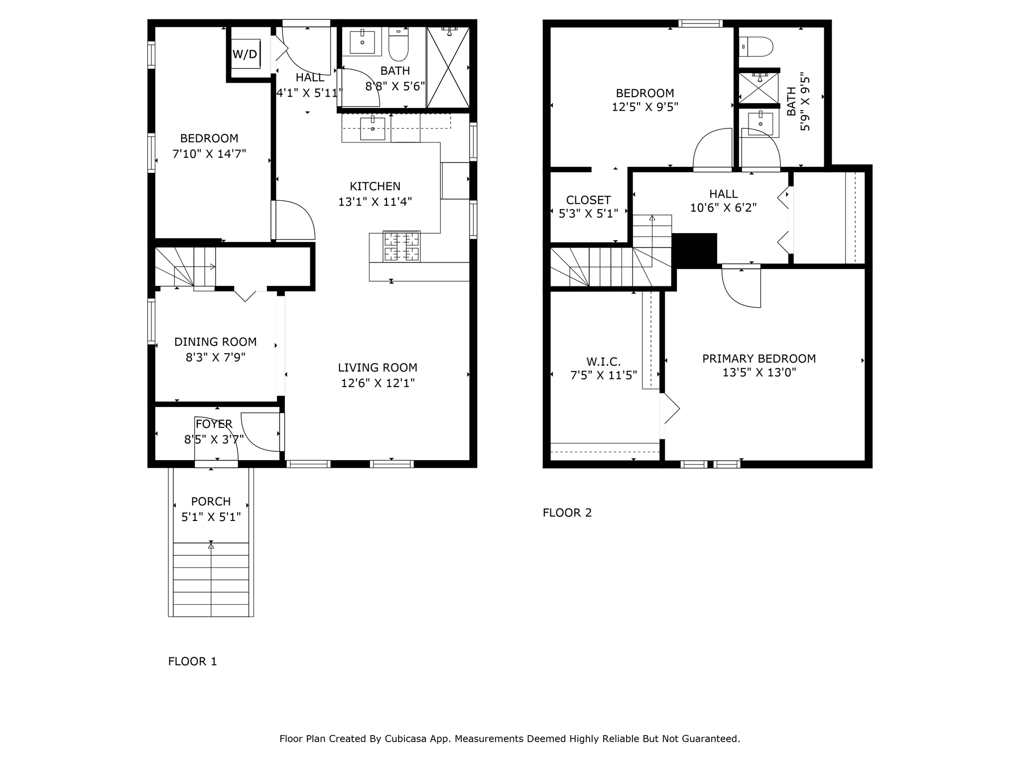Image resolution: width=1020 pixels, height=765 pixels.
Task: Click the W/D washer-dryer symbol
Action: (246, 54)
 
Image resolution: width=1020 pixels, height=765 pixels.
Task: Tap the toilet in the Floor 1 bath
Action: (398, 45)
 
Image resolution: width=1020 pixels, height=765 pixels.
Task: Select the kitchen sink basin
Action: (373, 128)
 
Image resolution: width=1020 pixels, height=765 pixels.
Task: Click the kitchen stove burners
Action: (401, 247)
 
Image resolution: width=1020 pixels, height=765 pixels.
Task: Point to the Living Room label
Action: (378, 368)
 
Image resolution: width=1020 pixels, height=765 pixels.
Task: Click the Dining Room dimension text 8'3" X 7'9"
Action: (216, 358)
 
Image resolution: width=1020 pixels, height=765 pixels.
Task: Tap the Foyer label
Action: (214, 424)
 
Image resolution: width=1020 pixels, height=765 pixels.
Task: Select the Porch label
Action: (211, 502)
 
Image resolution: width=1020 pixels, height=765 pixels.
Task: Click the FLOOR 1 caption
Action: (193, 661)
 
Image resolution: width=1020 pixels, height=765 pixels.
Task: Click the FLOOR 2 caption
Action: (567, 512)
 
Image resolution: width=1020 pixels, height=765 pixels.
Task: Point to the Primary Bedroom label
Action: (759, 359)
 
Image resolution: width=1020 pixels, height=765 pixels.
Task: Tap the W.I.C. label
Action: (604, 362)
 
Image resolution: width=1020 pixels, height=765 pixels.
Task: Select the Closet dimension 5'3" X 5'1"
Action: (589, 214)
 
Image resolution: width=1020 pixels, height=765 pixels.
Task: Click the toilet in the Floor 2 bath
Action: (756, 47)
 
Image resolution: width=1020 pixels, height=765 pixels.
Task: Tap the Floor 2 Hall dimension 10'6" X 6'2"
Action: (724, 208)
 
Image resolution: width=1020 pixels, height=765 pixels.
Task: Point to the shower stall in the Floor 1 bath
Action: (448, 67)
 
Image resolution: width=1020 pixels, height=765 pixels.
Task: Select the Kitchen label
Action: (375, 186)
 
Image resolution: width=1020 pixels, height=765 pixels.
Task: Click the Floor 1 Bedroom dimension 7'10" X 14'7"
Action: (209, 154)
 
